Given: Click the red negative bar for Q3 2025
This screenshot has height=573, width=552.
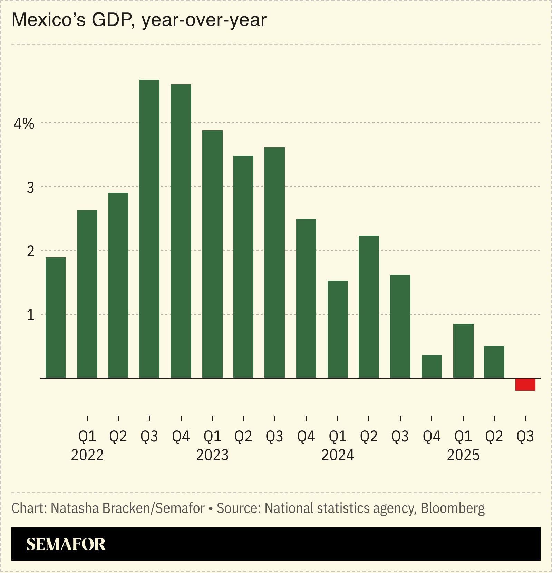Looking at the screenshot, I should tap(525, 384).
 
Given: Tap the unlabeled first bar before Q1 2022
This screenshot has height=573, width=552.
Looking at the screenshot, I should tap(56, 317).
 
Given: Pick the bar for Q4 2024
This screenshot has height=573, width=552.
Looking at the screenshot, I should tap(432, 366).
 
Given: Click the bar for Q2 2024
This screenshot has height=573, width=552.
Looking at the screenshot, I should tap(369, 307).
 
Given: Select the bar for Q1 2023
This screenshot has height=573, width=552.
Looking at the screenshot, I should tap(212, 254).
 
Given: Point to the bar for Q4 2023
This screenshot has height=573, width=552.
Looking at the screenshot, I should tap(306, 298).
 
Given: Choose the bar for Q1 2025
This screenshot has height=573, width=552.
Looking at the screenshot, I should tap(463, 351).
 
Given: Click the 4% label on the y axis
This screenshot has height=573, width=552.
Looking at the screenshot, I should tap(24, 124).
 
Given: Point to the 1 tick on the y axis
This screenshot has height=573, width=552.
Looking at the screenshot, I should tap(30, 315).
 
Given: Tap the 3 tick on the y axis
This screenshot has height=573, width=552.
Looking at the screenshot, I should tap(30, 187).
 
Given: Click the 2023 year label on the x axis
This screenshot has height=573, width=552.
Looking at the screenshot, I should tap(212, 455).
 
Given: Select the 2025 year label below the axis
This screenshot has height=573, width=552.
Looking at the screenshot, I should tap(463, 455).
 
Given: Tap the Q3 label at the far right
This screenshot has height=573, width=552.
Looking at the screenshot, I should tap(525, 437).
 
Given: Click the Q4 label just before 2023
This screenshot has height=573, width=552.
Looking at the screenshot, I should tap(181, 437).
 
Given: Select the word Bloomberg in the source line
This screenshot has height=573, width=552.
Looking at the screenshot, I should tap(452, 508).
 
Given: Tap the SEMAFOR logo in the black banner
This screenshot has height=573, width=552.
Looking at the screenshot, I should tap(66, 544).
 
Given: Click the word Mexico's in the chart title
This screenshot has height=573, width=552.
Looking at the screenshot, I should tap(48, 20).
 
